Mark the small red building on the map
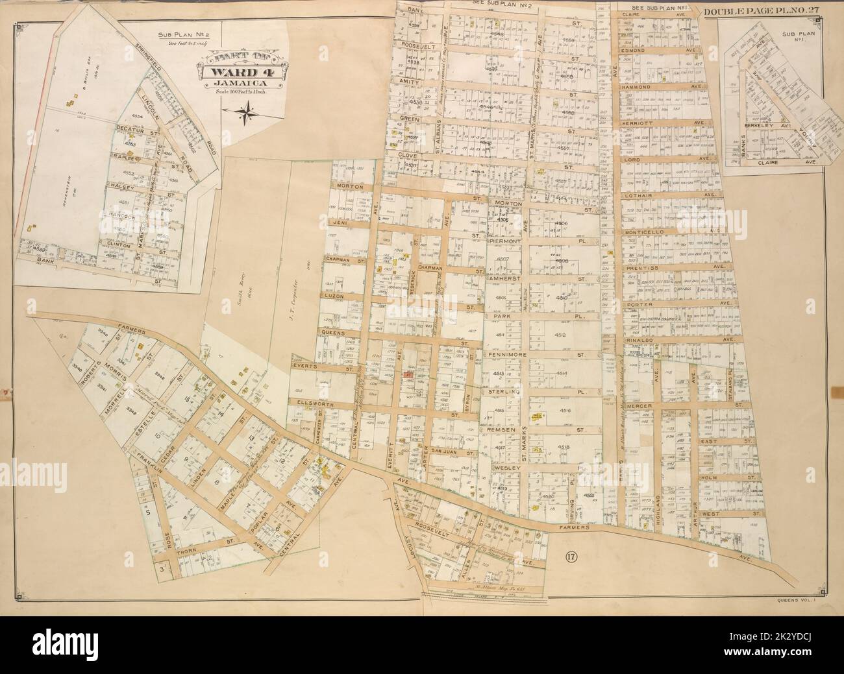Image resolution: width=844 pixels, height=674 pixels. [x=406, y=375]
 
